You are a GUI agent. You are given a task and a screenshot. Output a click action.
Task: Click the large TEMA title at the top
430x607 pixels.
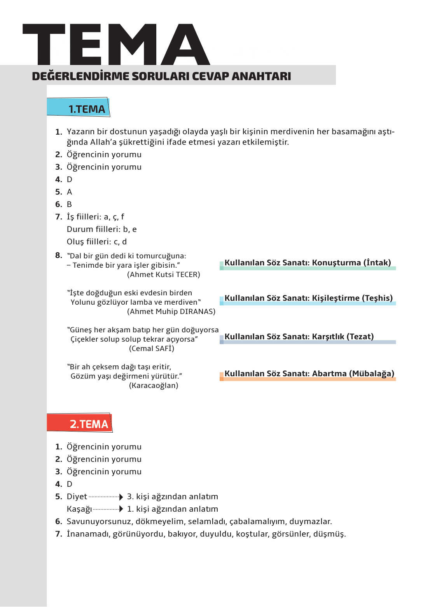[x=117, y=44]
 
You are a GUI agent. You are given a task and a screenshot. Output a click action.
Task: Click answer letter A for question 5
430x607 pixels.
[x=70, y=192]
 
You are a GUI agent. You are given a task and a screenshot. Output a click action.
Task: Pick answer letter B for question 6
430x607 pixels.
[x=69, y=204]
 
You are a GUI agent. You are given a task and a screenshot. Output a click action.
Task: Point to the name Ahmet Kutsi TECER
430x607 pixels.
[x=164, y=275]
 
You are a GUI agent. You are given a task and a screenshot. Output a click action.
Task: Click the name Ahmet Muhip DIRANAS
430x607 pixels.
[x=171, y=312]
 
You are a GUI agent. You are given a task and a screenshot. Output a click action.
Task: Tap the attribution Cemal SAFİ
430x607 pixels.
[x=152, y=349]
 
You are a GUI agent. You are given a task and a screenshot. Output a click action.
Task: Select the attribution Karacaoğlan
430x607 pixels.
[x=154, y=386]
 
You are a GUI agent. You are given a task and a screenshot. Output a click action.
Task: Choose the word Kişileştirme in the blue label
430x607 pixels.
[x=336, y=298]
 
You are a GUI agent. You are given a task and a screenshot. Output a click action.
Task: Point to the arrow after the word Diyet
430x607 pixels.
[x=121, y=497]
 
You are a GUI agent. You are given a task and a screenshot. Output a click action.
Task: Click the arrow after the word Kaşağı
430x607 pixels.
[x=121, y=509]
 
